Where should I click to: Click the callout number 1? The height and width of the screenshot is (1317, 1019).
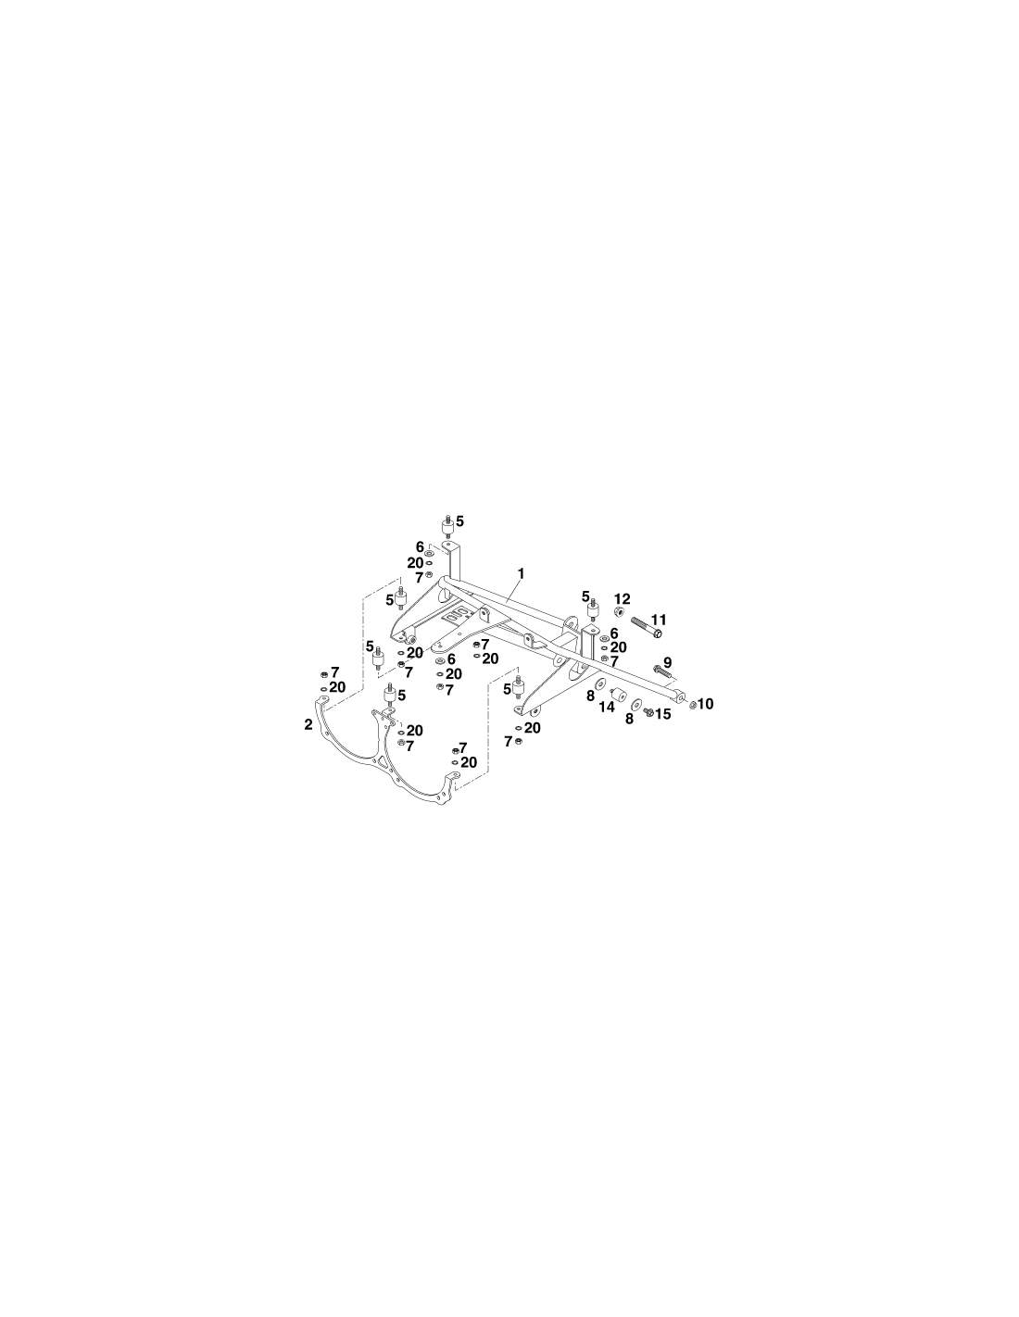[521, 572]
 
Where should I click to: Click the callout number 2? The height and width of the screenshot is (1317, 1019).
[308, 724]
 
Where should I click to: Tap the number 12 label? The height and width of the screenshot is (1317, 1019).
[623, 599]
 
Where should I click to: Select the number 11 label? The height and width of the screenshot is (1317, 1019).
[659, 620]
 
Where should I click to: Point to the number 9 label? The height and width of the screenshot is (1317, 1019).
[667, 662]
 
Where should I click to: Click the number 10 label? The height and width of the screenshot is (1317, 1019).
[706, 704]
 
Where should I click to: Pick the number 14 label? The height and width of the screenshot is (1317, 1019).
[607, 707]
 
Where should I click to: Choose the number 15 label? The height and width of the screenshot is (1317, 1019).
[663, 714]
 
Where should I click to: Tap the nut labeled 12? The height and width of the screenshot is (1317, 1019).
[621, 610]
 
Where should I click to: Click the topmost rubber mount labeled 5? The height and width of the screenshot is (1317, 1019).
[447, 526]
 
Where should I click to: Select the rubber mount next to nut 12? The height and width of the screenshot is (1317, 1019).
[593, 607]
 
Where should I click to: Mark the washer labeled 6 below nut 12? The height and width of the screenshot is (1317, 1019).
[604, 638]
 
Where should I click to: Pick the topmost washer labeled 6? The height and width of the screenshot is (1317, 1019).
[429, 553]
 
